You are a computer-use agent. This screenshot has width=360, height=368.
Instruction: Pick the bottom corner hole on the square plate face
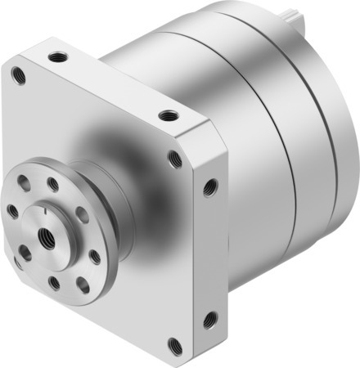173,343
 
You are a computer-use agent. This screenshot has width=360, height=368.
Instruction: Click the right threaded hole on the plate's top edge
168,115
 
